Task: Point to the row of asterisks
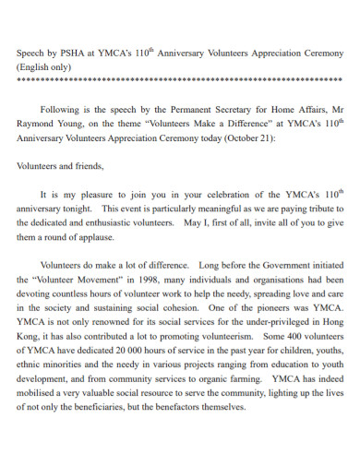pos(180,80)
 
